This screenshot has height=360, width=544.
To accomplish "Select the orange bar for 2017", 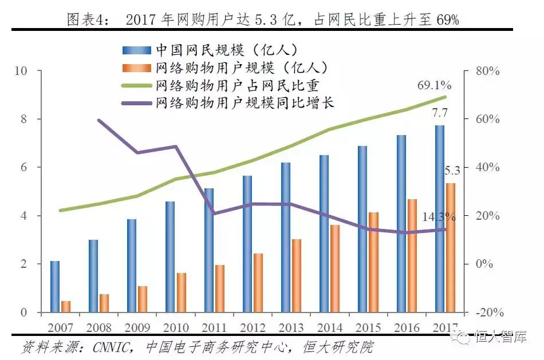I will point(451,248).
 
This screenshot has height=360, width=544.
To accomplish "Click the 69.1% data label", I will point(434,85).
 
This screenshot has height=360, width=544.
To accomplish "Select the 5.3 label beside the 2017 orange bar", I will point(452,170).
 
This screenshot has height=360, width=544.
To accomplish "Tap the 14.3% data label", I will point(439,217).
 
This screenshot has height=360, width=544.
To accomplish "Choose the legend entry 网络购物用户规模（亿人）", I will point(241,68).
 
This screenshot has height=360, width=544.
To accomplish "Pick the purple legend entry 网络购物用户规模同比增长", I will point(244,103).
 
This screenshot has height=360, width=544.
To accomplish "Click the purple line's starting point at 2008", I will point(99,120).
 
